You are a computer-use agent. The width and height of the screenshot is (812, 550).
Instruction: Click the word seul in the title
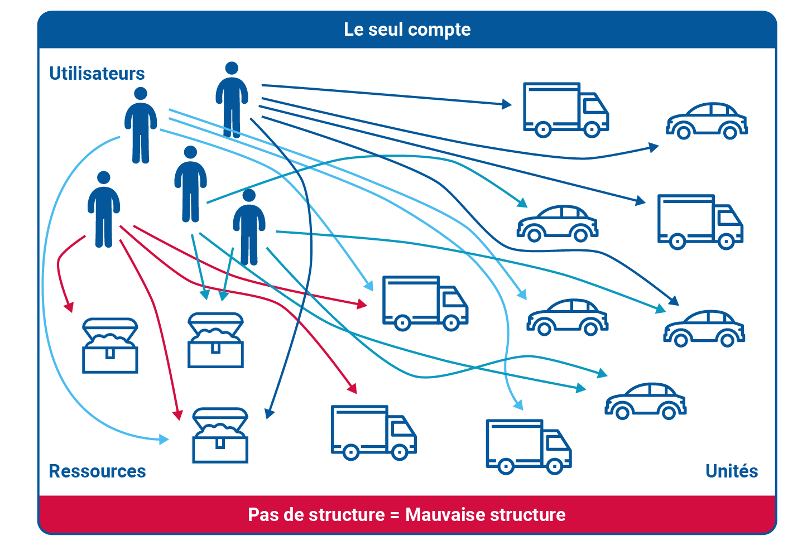(385, 30)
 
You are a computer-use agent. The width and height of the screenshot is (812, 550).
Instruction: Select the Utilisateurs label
(97, 74)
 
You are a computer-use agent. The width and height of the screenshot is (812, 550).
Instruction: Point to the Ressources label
(97, 471)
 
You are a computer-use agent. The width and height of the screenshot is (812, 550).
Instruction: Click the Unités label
(732, 471)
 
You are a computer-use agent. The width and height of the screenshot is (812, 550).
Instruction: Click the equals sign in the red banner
(395, 515)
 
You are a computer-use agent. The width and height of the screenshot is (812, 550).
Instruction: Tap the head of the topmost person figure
(232, 68)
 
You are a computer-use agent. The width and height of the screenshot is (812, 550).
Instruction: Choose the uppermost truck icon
(565, 110)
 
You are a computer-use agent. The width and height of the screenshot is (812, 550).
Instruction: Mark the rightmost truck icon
(699, 222)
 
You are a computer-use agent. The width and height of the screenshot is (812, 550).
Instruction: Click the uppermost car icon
(707, 121)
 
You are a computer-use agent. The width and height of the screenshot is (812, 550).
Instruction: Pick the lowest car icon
(645, 401)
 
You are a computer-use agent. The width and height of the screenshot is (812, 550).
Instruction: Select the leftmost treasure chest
(110, 345)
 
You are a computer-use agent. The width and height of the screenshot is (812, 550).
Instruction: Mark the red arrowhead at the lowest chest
(178, 416)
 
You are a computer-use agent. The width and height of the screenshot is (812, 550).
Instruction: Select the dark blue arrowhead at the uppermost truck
(507, 104)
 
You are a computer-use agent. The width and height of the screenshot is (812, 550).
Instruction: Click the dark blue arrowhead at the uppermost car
(654, 147)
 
